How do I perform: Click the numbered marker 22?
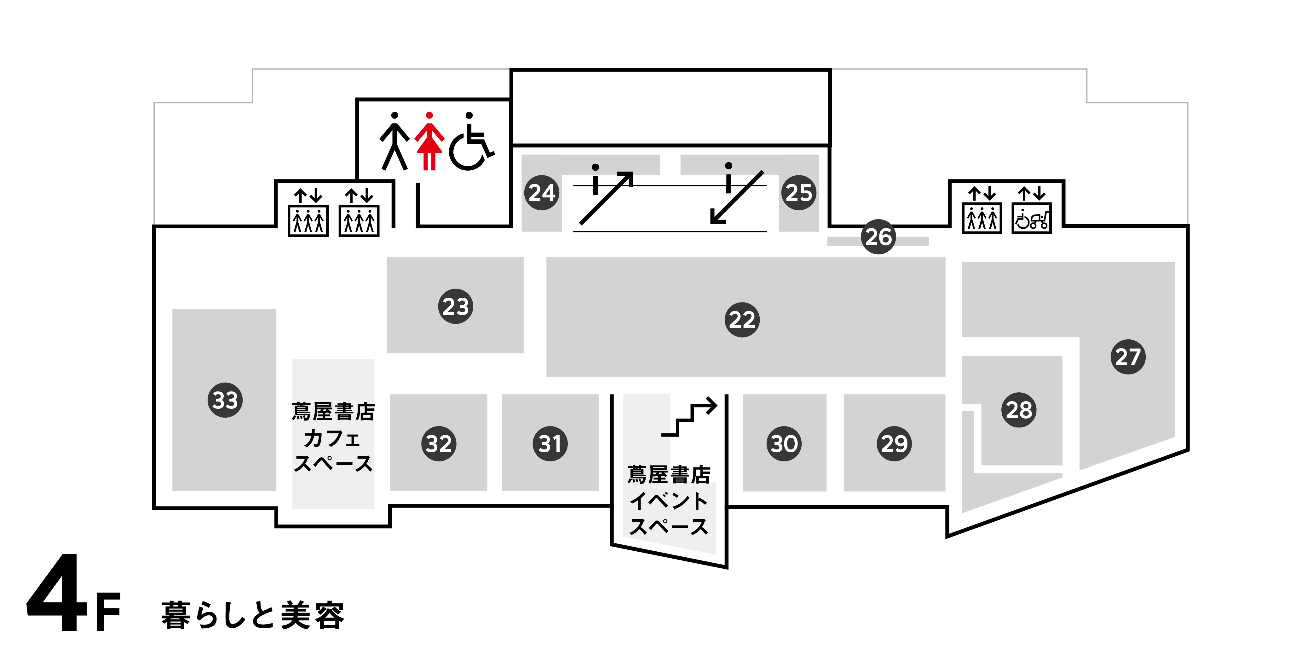742,320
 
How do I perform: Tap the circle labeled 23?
455,307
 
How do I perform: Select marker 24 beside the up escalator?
541,193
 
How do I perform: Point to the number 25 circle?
798,193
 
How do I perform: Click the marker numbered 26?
878,237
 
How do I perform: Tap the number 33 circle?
225,400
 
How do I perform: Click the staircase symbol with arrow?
689,417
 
